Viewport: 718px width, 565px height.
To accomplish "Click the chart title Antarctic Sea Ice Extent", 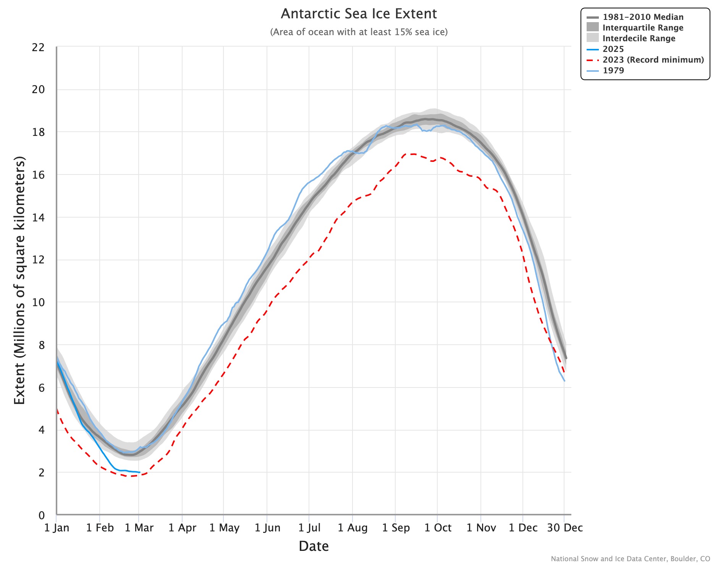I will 359,14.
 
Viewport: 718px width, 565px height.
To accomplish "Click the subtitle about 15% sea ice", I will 359,32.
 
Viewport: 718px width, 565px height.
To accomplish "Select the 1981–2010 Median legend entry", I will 643,17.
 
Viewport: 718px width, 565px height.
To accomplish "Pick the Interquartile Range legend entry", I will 643,28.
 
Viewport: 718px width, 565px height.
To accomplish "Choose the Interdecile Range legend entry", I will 639,39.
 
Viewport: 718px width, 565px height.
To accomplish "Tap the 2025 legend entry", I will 613,49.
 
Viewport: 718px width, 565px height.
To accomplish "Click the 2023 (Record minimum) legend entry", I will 653,60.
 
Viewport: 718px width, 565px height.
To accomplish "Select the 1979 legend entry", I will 613,71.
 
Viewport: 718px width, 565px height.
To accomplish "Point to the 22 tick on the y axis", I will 39,48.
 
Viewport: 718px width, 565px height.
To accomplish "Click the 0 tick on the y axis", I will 42,515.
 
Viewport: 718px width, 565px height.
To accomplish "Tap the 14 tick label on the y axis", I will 39,218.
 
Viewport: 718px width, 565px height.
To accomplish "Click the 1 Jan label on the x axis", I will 57,528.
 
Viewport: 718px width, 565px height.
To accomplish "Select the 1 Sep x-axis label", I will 396,528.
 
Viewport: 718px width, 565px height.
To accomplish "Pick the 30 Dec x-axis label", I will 565,528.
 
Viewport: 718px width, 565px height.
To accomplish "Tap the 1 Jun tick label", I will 267,528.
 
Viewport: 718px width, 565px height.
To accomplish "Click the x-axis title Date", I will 314,546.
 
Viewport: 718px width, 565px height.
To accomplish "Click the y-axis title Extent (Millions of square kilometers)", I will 19,281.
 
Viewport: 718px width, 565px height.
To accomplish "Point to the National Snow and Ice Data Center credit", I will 630,559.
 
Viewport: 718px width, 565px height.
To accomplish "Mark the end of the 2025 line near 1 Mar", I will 139,473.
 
